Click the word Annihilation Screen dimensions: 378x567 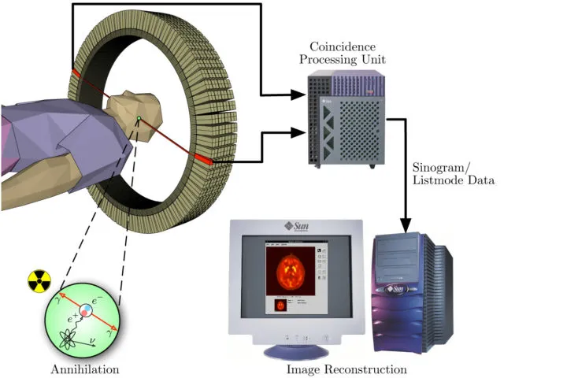[x=83, y=369]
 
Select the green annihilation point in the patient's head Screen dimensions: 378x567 [x=139, y=119]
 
